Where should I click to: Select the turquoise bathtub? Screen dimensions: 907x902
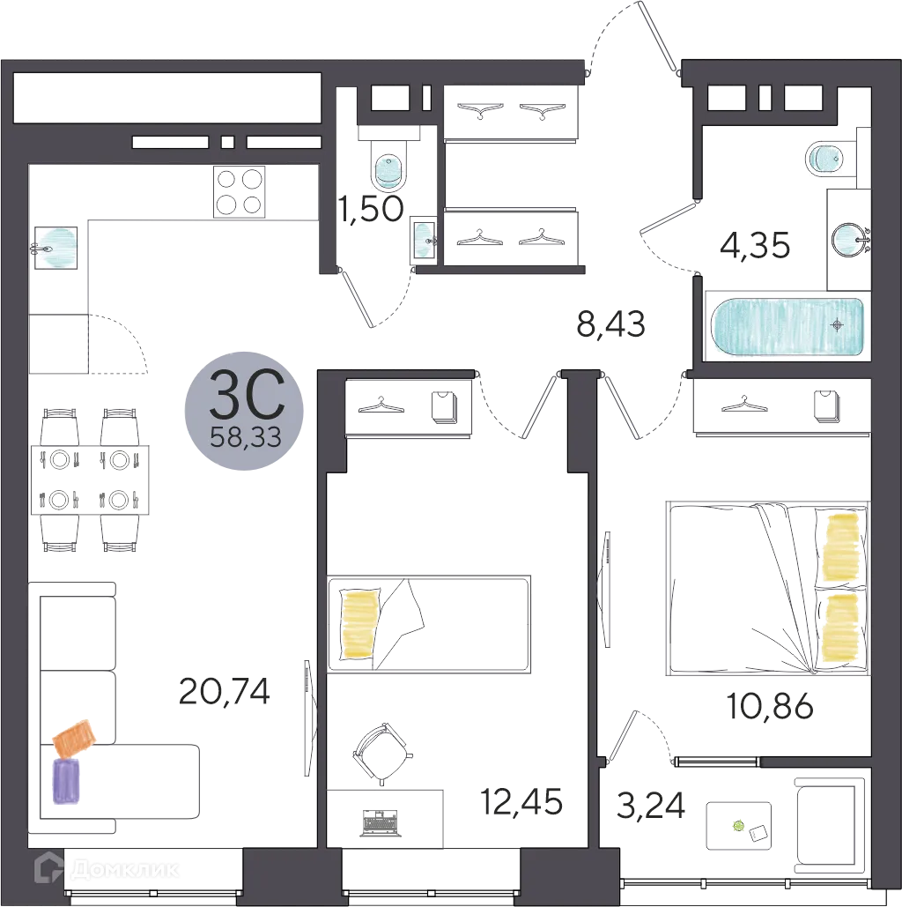pos(787,327)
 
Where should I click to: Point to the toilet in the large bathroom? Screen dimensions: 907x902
pos(826,159)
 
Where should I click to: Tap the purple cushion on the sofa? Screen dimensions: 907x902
pos(66,780)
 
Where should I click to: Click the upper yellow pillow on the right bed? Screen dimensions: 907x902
pos(839,547)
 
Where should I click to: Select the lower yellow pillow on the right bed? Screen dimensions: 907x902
pos(839,628)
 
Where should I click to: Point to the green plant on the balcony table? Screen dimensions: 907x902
pos(738,826)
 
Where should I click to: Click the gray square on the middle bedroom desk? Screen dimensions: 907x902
pos(380,821)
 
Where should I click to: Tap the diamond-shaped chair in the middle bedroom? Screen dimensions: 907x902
pos(384,748)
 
